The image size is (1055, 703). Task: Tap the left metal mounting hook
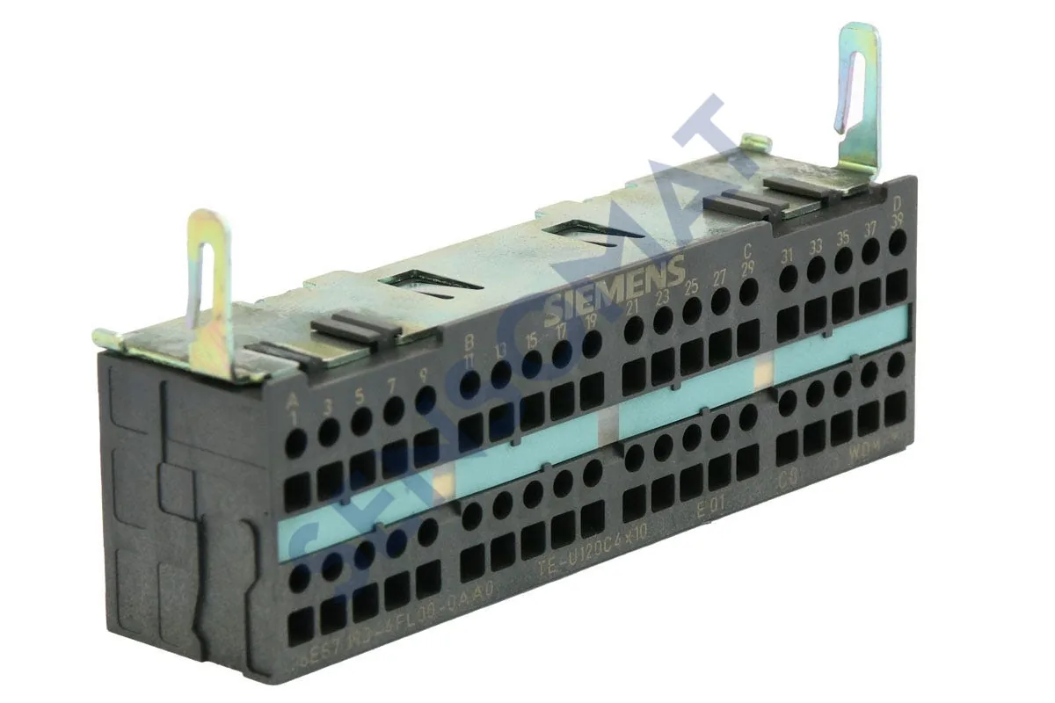[210, 291]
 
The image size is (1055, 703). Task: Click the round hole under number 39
[897, 243]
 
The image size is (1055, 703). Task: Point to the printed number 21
[633, 306]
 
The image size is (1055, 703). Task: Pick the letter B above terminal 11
[469, 342]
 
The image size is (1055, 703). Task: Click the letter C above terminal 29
[747, 248]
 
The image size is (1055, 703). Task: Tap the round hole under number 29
[748, 291]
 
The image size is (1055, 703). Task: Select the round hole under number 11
[470, 385]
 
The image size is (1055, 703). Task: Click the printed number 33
[815, 246]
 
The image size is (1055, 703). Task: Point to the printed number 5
[359, 395]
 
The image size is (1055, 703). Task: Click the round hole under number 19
[592, 344]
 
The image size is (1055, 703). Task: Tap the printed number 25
[691, 286]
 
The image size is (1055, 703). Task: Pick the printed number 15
[531, 340]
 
